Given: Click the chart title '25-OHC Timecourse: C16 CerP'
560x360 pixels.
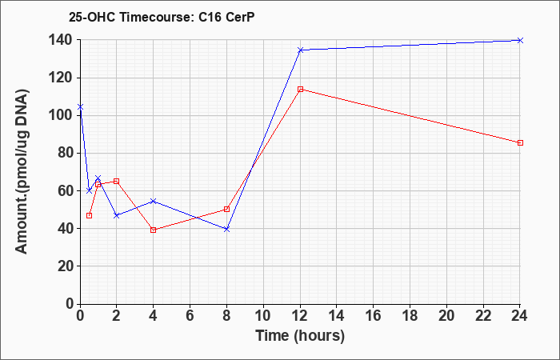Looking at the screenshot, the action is (x=162, y=17).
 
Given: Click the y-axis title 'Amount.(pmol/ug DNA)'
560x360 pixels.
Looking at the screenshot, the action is (x=22, y=171).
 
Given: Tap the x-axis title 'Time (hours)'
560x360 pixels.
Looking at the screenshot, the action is (x=300, y=336).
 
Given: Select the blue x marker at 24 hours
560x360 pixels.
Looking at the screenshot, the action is (x=520, y=40).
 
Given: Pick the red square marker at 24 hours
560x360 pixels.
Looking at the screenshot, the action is (x=520, y=143).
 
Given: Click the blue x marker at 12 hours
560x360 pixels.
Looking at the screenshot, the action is (x=300, y=50).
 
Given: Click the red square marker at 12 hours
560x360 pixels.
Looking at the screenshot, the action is (x=300, y=89).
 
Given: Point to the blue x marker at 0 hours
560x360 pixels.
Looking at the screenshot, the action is (x=80, y=106).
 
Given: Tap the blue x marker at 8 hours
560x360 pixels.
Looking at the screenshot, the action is (x=226, y=229).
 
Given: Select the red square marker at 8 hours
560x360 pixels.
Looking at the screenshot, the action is (x=226, y=209).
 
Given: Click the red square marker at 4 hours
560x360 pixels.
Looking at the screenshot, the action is (x=154, y=230).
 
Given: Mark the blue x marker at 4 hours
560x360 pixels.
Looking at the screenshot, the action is (x=154, y=201).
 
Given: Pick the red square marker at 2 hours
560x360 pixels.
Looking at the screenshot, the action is (x=117, y=181).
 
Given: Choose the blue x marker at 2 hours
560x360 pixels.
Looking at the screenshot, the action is (x=117, y=215).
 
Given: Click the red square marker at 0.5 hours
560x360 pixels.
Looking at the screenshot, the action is (x=90, y=215).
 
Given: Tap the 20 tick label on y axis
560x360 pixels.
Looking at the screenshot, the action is (x=66, y=266).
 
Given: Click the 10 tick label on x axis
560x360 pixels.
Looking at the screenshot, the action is (x=263, y=316).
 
